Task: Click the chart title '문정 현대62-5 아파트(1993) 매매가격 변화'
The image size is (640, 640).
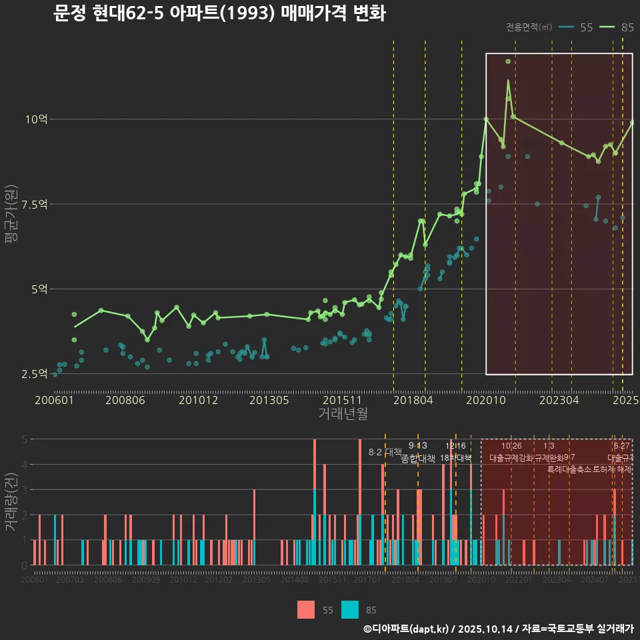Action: coord(219,13)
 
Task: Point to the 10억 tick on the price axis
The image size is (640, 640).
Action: coord(36,119)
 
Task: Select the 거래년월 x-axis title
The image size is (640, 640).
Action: coord(342,413)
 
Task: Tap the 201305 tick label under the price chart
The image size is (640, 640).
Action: coord(269,400)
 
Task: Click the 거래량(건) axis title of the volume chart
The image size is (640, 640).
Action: coord(11,502)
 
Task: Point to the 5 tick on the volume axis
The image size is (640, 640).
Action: coord(23,439)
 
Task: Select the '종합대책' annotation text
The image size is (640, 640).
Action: coord(417,459)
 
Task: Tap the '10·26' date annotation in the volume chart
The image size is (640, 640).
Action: coord(511,446)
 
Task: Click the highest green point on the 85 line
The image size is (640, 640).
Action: coord(508,61)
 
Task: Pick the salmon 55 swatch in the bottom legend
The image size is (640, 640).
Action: coord(306,609)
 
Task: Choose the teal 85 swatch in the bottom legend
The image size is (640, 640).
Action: coord(350,609)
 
